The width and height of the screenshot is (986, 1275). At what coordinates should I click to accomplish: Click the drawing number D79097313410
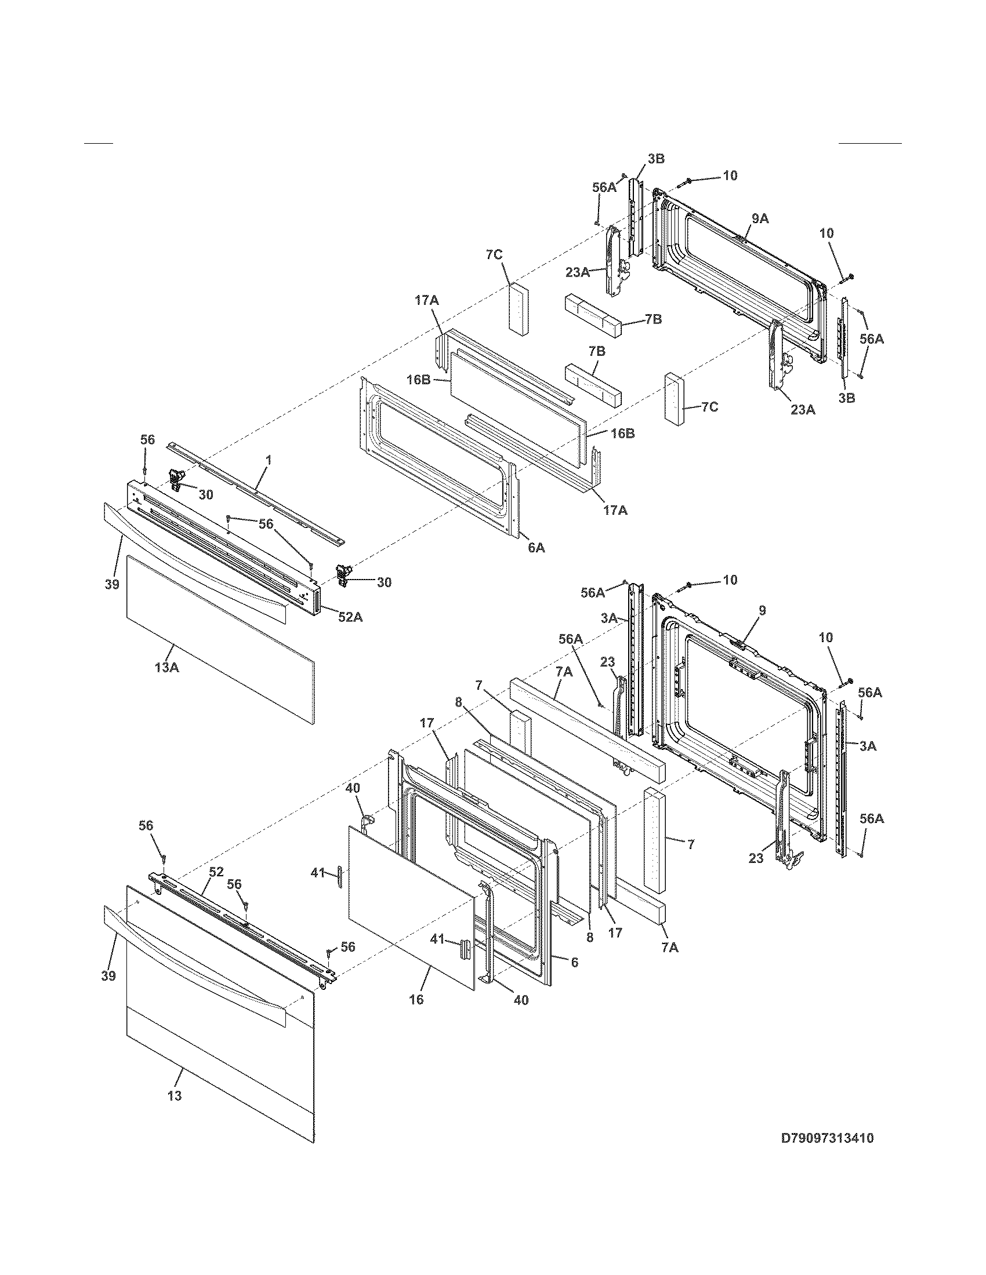tap(827, 1138)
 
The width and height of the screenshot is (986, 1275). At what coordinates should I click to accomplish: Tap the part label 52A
tap(350, 616)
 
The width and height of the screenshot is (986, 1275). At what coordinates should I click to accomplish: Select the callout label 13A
tap(166, 666)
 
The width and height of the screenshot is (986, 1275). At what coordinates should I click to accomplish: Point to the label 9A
tap(760, 218)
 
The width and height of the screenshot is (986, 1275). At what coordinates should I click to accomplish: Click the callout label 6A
tap(536, 547)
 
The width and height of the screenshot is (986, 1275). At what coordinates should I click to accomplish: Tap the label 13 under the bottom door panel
tap(175, 1096)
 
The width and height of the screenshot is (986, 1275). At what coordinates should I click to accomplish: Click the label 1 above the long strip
tap(268, 461)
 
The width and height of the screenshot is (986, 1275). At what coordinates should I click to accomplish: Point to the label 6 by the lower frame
tap(575, 962)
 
